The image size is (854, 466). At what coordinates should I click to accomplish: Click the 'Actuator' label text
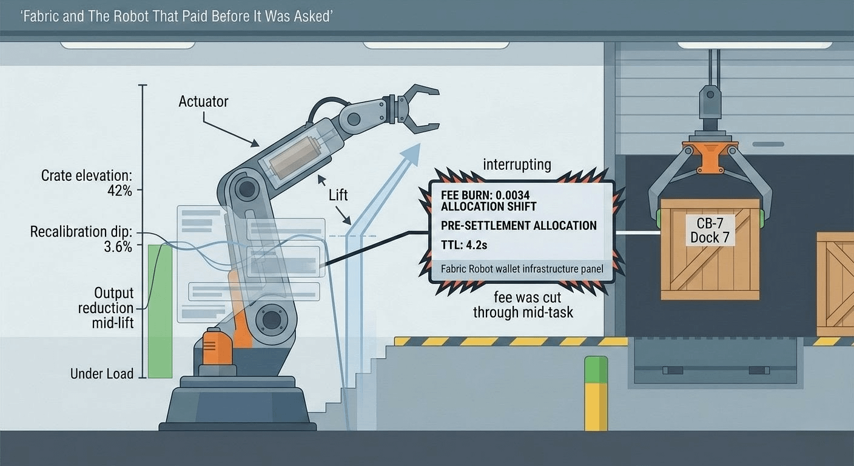tap(203, 101)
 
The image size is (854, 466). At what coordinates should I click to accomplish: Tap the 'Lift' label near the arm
tap(338, 195)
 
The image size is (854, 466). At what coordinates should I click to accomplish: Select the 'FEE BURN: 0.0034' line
tap(485, 195)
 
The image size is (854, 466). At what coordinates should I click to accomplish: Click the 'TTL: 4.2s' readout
tap(464, 245)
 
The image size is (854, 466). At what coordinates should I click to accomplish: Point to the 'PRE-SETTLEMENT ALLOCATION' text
tap(519, 225)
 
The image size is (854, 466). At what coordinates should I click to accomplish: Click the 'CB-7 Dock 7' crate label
tap(710, 230)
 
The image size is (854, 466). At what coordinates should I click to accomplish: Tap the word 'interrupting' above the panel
tap(517, 165)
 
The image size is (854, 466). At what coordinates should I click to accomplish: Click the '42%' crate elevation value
tap(119, 191)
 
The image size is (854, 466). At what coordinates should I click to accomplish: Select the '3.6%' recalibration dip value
tap(118, 247)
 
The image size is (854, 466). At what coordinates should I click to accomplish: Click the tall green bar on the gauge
tap(160, 311)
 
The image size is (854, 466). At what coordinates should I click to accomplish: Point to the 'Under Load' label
tap(102, 373)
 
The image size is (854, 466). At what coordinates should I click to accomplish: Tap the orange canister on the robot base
tap(217, 348)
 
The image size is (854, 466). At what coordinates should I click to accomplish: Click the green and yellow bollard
tap(596, 393)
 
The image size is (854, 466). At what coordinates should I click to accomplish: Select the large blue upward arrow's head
tap(411, 155)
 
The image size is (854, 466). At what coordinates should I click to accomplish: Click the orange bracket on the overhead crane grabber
tap(710, 154)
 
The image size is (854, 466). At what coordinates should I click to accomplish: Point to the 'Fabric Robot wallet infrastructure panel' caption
tap(522, 269)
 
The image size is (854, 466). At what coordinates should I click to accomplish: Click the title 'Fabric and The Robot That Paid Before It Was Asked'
tap(177, 16)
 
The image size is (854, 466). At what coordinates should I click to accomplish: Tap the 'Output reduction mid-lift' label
tap(106, 308)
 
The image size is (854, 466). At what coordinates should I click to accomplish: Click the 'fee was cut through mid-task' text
tap(523, 305)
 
